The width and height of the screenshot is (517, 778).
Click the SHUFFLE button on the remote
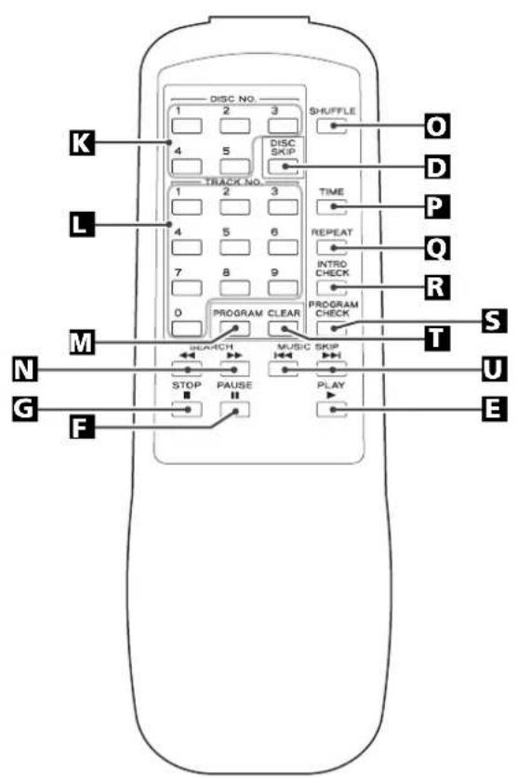331,126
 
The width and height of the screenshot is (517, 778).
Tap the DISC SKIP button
284,166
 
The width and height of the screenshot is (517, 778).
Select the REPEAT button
331,247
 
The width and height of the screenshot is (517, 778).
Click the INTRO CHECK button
331,287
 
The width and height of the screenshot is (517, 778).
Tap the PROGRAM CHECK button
331,328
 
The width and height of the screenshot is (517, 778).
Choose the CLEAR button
284,328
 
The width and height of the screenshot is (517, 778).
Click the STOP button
187,409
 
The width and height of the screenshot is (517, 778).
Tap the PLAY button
331,409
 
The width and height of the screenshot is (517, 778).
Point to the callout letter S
495,320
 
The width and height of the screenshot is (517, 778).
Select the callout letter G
25,409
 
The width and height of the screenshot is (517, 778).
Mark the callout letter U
495,369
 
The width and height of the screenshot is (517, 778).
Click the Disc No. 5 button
234,166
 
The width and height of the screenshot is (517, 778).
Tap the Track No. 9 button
284,287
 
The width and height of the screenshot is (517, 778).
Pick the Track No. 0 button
187,328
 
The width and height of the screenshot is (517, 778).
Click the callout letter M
82,342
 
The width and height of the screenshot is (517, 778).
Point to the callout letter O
437,126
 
